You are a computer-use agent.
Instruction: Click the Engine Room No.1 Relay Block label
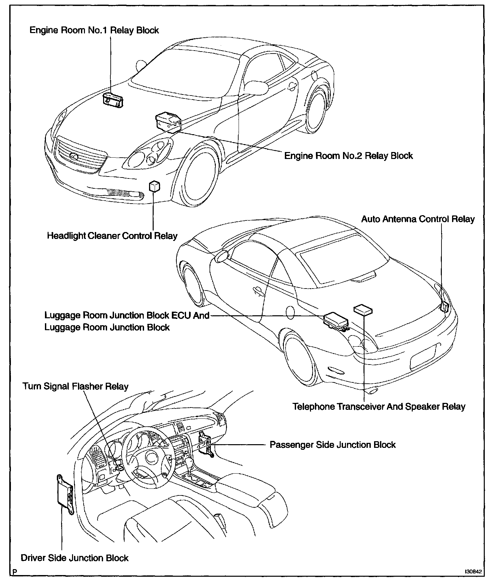tap(94, 30)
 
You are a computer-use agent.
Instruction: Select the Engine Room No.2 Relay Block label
tap(348, 156)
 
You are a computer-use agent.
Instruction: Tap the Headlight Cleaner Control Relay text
tap(112, 236)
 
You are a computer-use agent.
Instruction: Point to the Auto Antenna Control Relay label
tap(418, 219)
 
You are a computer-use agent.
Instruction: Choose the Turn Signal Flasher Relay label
tap(75, 386)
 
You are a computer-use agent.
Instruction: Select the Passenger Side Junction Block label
tap(332, 445)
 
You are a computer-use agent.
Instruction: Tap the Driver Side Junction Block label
tap(75, 558)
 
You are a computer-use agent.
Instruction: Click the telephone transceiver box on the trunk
tap(363, 310)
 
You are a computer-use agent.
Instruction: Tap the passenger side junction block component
tap(205, 443)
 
